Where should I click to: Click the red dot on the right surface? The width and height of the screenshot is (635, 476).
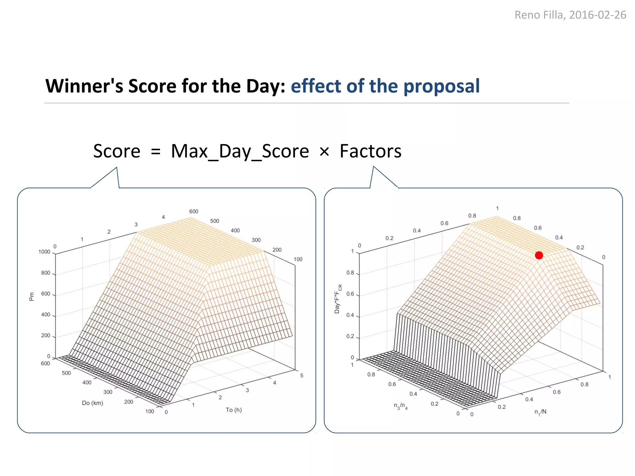pos(539,255)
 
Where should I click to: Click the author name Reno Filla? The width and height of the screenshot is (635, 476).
pos(539,15)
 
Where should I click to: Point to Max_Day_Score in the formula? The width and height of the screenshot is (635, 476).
pos(240,151)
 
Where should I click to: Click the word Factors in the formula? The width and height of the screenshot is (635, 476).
pos(370,151)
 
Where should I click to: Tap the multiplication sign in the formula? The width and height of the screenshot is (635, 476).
pos(324,152)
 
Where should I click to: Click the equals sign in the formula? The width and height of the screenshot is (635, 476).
pos(156,152)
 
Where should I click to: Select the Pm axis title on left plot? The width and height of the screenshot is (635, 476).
pos(31,297)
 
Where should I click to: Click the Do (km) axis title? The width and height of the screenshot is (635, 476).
pos(92,403)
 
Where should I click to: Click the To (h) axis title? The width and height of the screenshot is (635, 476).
pos(233,410)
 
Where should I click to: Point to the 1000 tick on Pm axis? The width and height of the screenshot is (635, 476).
pos(44,252)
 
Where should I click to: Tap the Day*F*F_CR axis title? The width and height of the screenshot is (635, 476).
pos(338,299)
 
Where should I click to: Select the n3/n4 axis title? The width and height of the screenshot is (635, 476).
pos(401,406)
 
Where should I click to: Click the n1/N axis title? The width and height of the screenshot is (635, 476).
pos(540,412)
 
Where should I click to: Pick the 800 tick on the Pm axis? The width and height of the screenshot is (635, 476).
pos(46,273)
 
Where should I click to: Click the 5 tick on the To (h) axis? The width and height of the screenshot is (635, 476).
pos(301,376)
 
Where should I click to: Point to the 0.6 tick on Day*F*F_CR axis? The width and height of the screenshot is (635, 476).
pos(350,294)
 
